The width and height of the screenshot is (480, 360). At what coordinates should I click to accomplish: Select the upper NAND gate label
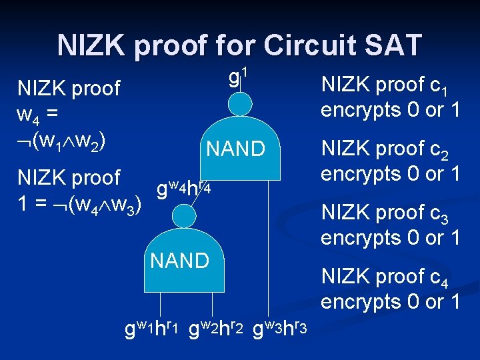236,148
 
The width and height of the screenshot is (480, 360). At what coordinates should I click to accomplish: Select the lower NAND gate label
180,260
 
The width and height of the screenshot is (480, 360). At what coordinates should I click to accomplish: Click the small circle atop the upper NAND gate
240,104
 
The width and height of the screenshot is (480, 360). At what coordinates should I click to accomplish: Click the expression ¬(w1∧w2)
64,141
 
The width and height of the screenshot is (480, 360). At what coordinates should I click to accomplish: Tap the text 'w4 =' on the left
37,115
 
